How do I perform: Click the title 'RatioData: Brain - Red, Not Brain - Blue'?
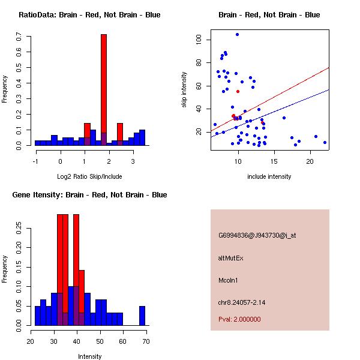89,15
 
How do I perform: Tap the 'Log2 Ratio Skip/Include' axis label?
89,177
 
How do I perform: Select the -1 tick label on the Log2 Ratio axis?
35,161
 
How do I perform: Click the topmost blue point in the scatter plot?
237,35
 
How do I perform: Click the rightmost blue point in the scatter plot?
325,142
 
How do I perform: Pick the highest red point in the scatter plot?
238,91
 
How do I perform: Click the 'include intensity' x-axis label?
269,177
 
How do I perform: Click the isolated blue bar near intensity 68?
142,316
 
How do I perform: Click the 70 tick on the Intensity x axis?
146,341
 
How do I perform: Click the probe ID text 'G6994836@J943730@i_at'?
257,236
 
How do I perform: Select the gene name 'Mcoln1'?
229,280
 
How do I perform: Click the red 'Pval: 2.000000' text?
240,319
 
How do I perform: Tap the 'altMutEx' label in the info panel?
231,258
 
